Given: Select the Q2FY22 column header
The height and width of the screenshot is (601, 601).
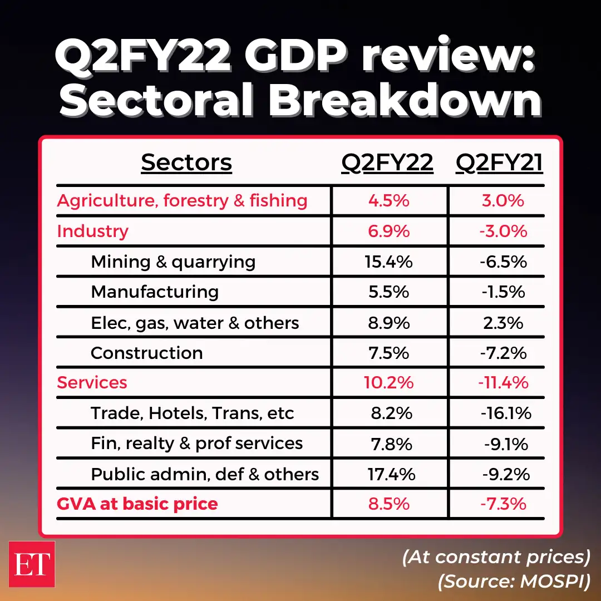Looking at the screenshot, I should [x=387, y=162].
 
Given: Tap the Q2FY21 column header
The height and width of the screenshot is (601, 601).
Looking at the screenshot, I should [x=499, y=162].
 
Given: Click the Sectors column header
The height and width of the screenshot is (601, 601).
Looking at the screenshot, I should [x=186, y=162].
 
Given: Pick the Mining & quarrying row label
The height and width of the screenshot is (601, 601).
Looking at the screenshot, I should [x=173, y=262].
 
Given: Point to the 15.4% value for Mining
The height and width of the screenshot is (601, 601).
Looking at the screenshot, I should [x=390, y=262].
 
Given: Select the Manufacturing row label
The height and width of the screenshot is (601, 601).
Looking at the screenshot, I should [x=155, y=292].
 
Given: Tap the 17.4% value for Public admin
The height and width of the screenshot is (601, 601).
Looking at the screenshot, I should [x=391, y=474].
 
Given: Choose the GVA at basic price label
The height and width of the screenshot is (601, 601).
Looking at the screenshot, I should [x=137, y=504].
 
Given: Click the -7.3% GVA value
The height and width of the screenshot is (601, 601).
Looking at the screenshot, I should [x=504, y=504].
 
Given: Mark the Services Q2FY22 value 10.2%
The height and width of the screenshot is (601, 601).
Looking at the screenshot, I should [x=390, y=383].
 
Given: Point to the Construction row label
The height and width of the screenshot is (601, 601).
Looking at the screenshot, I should [x=146, y=353].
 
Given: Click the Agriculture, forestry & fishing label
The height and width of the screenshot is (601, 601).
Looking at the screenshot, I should [x=182, y=201].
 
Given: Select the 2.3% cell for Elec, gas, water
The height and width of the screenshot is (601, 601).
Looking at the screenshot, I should [x=504, y=323].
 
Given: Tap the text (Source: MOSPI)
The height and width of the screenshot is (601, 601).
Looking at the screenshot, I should [x=514, y=582].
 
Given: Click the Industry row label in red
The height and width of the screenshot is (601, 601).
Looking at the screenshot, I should [x=92, y=231].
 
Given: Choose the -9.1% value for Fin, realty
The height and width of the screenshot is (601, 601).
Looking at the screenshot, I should [x=506, y=444].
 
